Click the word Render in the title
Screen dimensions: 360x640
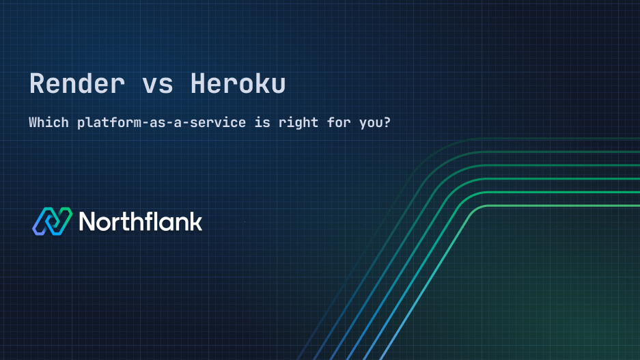77,84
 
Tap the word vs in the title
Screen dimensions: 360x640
158,84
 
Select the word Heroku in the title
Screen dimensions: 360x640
238,84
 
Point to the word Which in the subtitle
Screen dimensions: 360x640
48,124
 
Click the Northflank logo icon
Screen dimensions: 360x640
52,221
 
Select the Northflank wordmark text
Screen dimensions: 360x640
141,221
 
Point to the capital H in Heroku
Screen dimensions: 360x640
198,84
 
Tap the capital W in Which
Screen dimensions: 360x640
33,124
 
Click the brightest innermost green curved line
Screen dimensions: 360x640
546,206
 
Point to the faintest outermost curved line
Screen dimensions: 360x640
546,139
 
